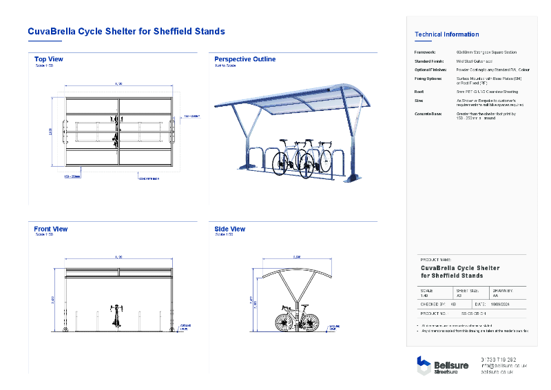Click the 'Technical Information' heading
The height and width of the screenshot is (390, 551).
coord(446,34)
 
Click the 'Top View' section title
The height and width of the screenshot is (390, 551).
coord(49,59)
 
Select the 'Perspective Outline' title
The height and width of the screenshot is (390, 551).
coord(245,59)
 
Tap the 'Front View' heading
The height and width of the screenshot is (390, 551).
coord(51,229)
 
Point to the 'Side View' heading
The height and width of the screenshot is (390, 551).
coord(229,229)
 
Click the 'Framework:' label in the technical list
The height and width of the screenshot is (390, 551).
coord(425,52)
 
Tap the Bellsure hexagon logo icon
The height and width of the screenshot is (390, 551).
coord(424,365)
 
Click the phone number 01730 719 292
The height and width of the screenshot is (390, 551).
coord(497,360)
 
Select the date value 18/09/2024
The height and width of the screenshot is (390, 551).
coord(501,303)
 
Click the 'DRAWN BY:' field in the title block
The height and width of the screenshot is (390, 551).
coord(501,290)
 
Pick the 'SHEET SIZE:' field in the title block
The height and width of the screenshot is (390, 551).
coord(466,290)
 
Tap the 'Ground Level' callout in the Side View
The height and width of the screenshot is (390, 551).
coord(334,327)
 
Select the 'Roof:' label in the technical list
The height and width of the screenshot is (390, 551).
coord(419,90)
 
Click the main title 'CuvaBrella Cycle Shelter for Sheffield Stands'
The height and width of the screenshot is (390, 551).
coord(126,32)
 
